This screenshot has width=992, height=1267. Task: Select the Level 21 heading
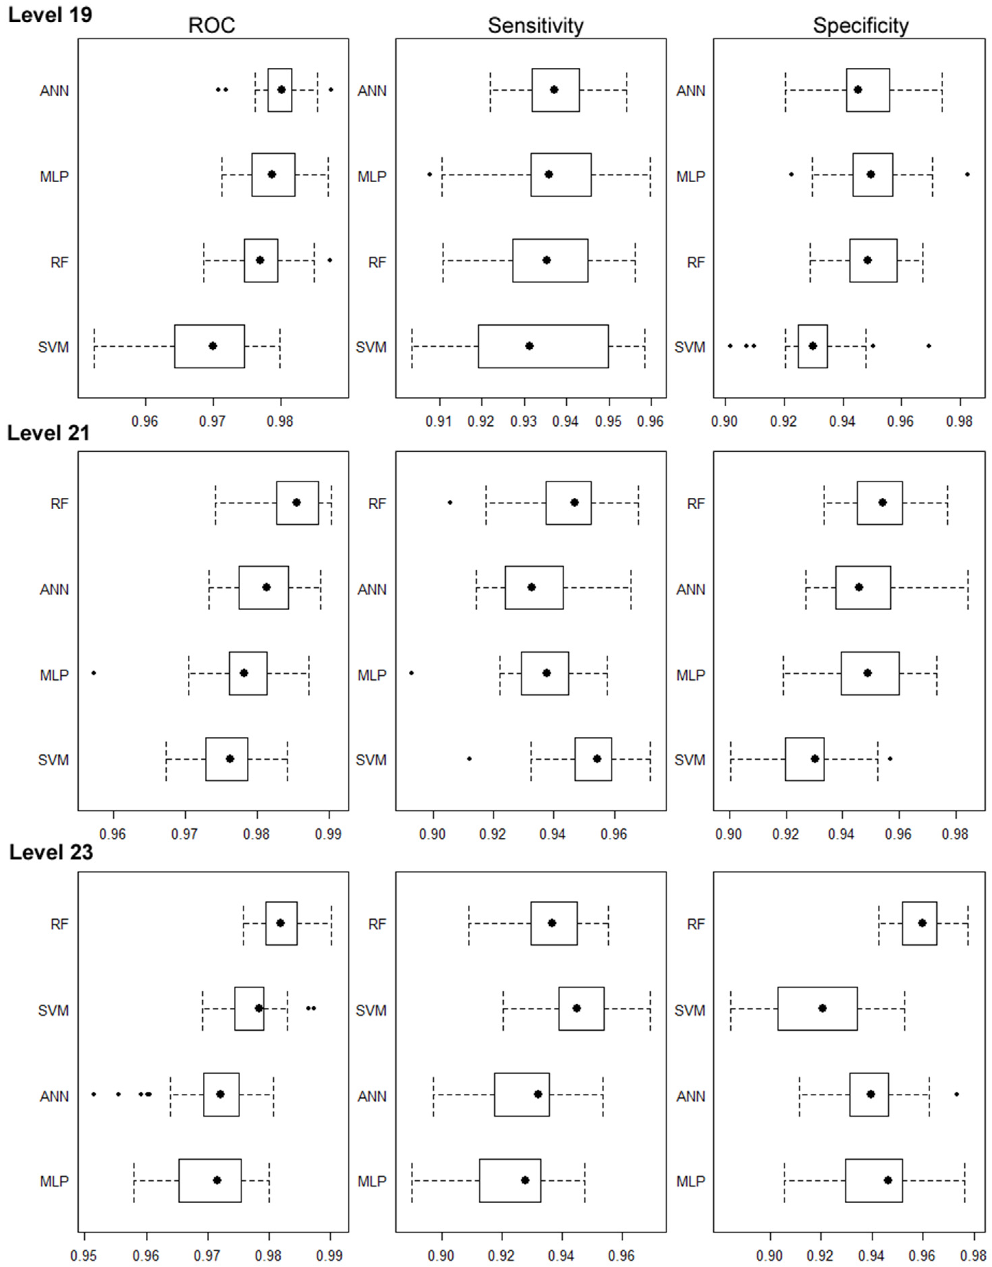tap(49, 433)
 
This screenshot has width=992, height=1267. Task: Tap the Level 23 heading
tap(51, 853)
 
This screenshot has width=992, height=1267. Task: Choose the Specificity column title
tap(860, 25)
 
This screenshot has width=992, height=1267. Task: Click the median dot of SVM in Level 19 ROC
tap(212, 346)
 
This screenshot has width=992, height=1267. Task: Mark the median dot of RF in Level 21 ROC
tap(296, 502)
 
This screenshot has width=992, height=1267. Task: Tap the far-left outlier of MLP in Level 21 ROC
tap(94, 673)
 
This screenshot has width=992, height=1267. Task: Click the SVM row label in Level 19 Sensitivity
tap(371, 347)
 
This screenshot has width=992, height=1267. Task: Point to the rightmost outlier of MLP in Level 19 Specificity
tap(967, 174)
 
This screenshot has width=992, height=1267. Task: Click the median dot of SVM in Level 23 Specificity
tap(823, 1008)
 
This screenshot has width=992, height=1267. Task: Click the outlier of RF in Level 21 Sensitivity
tap(450, 502)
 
